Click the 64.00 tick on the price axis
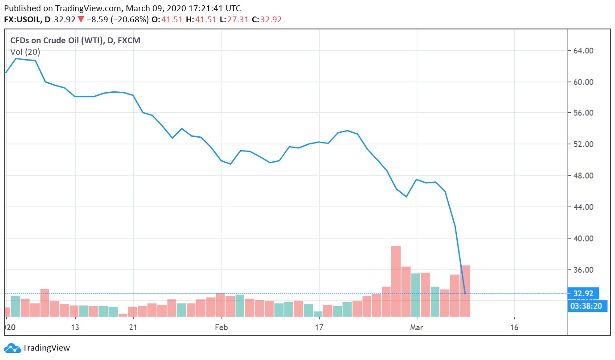[x=583, y=51]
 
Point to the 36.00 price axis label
[x=583, y=270]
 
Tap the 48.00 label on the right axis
[x=583, y=176]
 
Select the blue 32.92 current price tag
[x=583, y=294]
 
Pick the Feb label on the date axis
[x=221, y=327]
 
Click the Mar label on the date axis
[x=417, y=327]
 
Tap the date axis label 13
[x=75, y=327]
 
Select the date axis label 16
[x=514, y=327]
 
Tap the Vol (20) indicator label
[x=25, y=52]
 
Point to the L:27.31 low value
[x=234, y=20]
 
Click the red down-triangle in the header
[x=81, y=20]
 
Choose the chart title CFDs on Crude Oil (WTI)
[x=57, y=41]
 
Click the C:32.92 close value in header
[x=266, y=20]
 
